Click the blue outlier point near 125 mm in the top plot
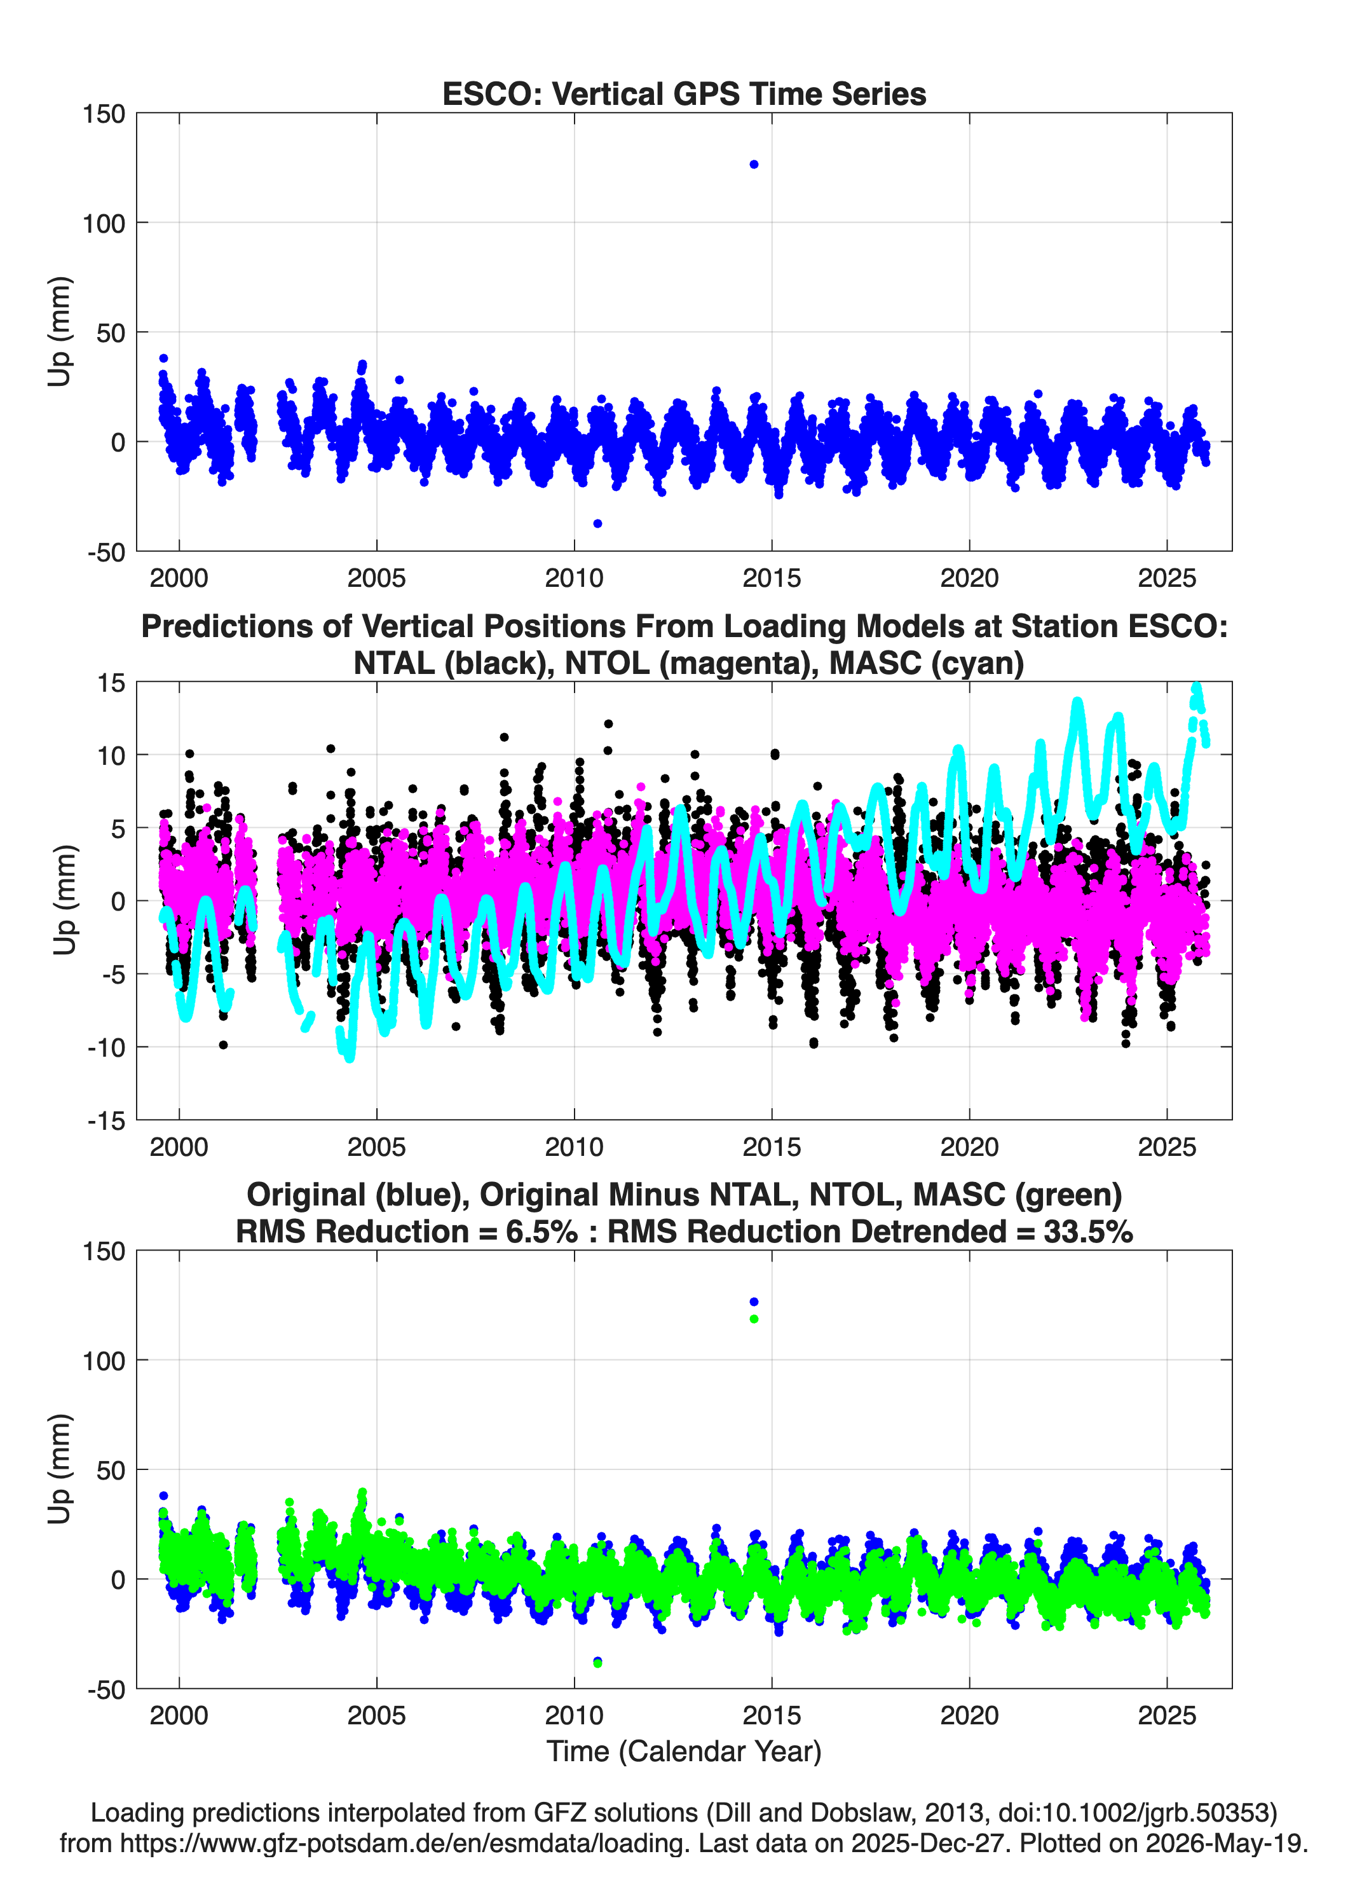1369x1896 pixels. coord(754,165)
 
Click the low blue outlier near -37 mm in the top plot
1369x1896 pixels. coord(597,523)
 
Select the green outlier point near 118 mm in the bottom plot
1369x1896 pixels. coord(754,1319)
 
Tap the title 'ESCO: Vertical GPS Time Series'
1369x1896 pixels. coord(684,93)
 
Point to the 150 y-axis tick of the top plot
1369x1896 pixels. coord(104,114)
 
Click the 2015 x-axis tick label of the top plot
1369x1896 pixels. coord(772,578)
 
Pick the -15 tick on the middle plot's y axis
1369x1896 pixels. coord(106,1121)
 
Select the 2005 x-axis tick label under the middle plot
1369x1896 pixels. coord(376,1147)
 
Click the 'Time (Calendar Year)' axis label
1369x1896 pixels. coord(684,1752)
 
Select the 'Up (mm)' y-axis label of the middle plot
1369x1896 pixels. coord(64,900)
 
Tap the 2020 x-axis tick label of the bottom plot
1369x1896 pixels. coord(969,1715)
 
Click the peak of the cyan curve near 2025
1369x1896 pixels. coord(1196,687)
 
